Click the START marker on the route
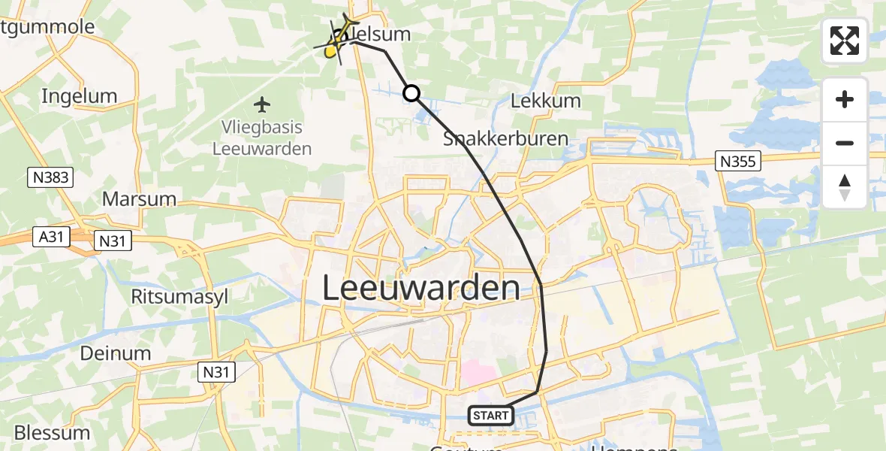click(491, 416)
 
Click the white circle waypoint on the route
click(411, 93)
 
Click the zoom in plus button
click(845, 100)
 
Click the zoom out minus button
click(845, 143)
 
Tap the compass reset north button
click(845, 187)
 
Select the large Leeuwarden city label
click(421, 289)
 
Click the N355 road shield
click(738, 160)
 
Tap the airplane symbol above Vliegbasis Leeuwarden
click(262, 103)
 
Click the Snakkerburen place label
click(505, 139)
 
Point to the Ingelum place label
click(80, 96)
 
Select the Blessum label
click(53, 433)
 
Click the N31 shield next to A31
click(113, 241)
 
